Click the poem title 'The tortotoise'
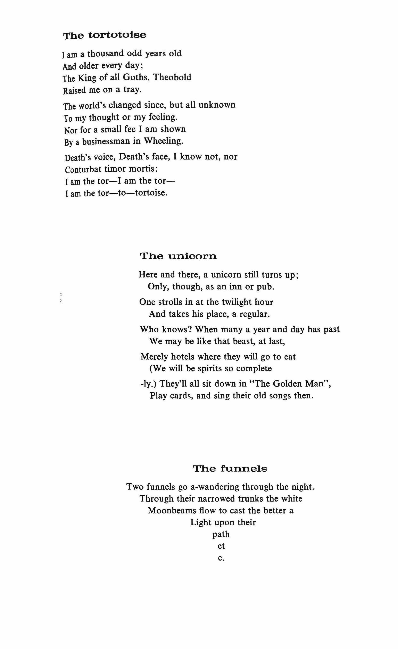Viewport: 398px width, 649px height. (x=105, y=35)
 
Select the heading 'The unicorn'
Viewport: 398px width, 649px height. (x=179, y=256)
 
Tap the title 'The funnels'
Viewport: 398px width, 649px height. (x=230, y=469)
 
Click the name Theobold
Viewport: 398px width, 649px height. (x=172, y=77)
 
